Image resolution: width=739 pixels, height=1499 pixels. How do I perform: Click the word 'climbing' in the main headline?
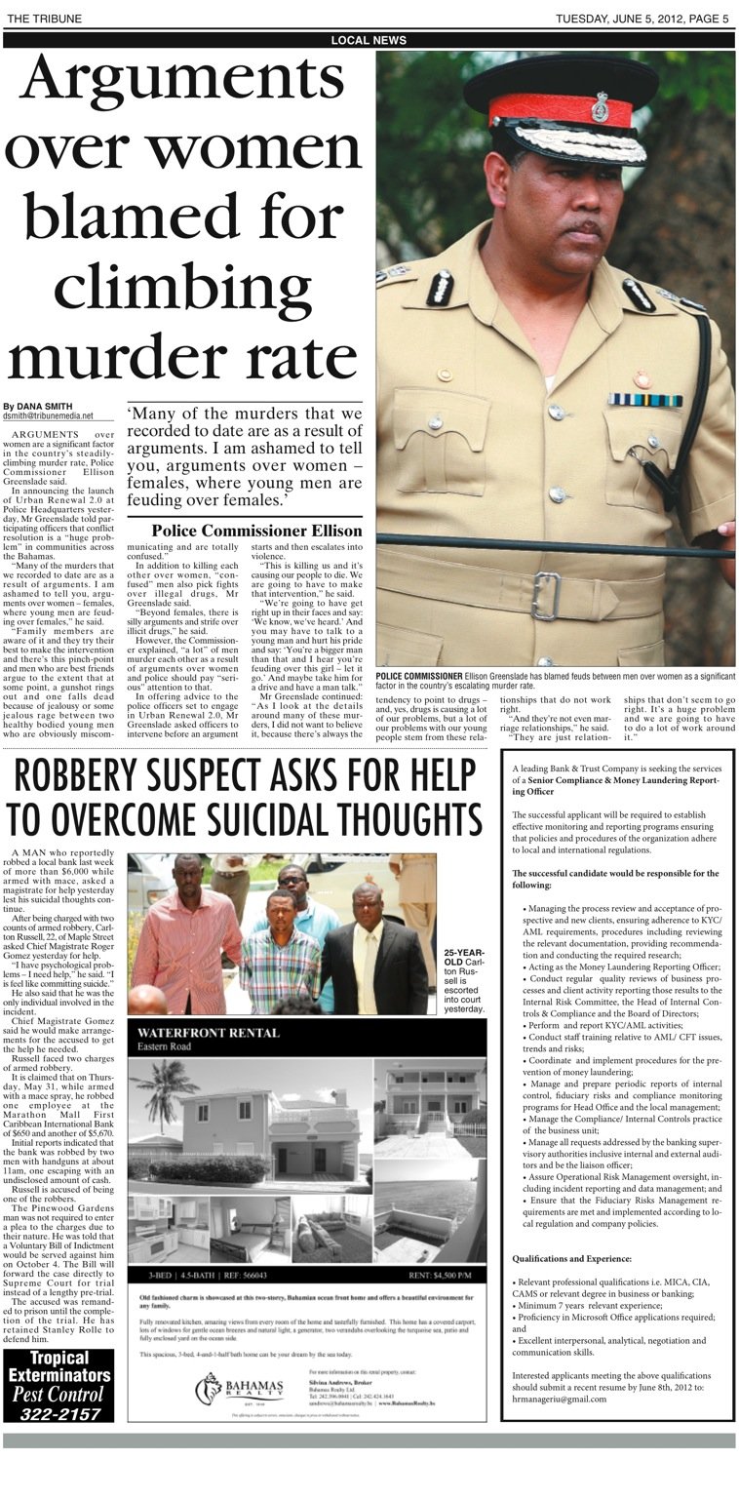point(181,287)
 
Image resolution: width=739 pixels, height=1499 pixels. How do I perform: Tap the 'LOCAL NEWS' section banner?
point(369,40)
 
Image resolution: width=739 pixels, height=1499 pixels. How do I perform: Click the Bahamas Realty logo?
point(238,1388)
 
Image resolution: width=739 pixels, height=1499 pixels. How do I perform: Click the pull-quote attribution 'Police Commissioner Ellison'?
point(256,531)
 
